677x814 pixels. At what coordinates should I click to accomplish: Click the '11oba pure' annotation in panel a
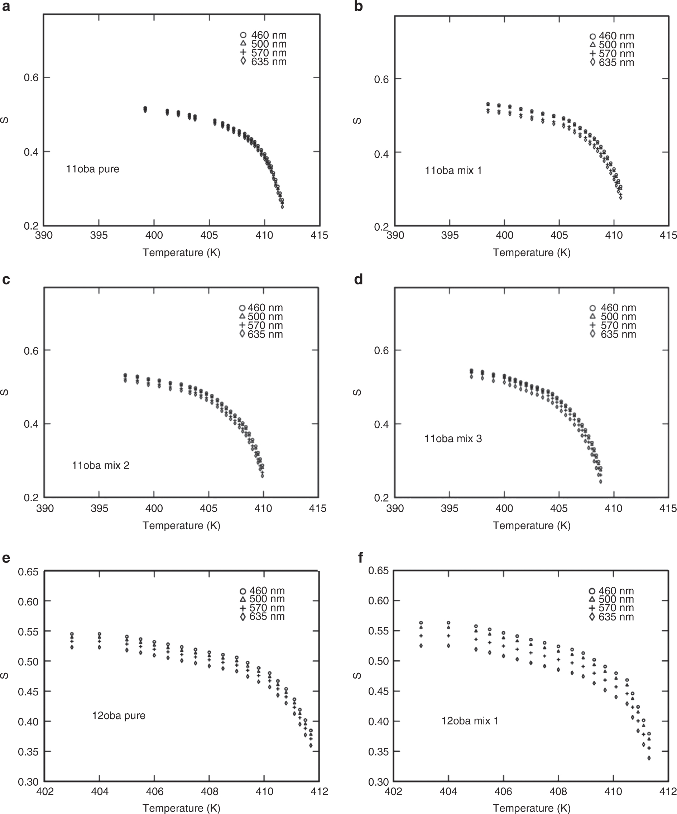point(93,169)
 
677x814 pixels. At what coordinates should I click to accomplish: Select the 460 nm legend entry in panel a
point(264,35)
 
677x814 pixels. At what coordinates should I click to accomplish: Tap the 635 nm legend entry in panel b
point(612,62)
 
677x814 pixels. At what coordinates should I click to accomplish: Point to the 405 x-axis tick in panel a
point(209,235)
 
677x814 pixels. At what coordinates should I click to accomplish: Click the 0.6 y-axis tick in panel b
point(382,80)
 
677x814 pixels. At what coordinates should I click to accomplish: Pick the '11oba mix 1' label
point(453,171)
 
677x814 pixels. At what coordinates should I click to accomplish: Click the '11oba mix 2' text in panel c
point(100,465)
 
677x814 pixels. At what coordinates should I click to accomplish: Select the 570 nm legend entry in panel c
point(261,325)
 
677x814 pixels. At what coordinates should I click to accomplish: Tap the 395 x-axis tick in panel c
point(99,508)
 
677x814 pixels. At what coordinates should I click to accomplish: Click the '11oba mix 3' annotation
point(453,439)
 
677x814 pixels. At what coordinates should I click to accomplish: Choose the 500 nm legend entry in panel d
point(614,316)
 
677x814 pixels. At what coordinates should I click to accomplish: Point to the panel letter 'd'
point(358,279)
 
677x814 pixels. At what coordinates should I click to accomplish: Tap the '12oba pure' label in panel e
point(119,715)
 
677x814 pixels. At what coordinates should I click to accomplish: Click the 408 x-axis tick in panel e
point(209,791)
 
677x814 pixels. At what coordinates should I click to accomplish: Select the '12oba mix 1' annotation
point(470,720)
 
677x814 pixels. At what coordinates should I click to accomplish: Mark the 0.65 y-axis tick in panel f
point(378,571)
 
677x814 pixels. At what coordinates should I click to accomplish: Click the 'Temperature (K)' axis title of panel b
point(531,253)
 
